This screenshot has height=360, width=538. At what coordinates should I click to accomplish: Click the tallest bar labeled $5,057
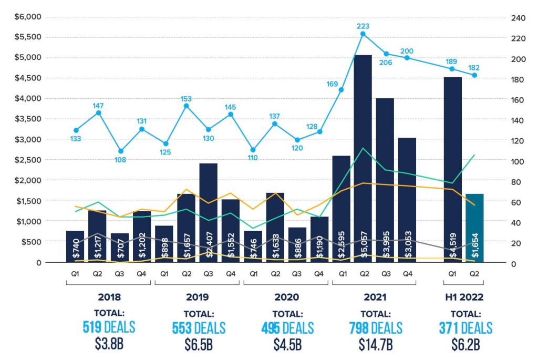(363, 158)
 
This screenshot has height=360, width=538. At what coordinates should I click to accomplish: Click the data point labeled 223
(363, 34)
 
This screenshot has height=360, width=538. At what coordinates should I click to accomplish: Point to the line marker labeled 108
(120, 151)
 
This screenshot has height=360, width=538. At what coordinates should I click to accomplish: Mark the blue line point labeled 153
(187, 106)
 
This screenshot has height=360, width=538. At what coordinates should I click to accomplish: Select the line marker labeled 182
(474, 75)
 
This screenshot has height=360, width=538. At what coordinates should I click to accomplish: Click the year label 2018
(109, 297)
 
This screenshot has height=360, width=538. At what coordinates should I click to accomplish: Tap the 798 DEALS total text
(376, 328)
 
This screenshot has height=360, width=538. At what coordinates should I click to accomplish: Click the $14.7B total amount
(376, 345)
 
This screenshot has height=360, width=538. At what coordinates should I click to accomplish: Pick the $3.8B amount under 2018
(109, 345)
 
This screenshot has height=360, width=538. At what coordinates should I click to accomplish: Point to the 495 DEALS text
(287, 328)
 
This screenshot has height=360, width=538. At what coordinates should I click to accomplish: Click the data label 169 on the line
(332, 83)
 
